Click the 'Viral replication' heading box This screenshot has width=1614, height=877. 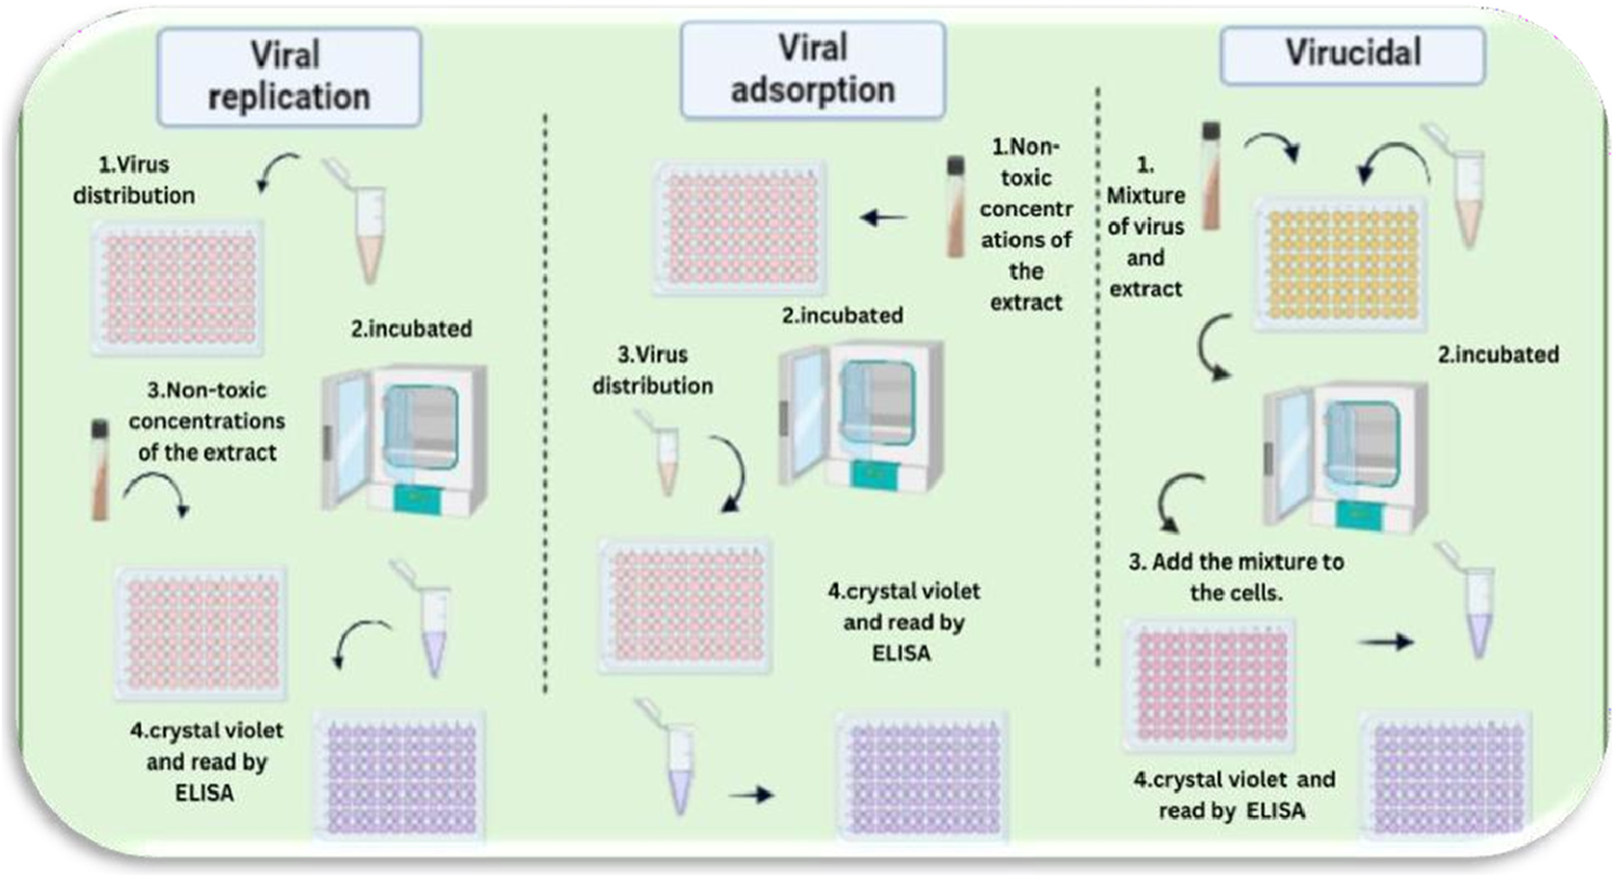(289, 76)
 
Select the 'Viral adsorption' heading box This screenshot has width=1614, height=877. (812, 70)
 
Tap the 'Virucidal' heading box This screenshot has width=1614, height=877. (1352, 54)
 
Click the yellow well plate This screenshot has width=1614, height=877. (1340, 264)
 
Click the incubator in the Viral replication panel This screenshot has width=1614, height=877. (405, 439)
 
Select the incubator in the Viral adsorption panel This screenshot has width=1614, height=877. (862, 416)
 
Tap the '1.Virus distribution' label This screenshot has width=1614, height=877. (134, 180)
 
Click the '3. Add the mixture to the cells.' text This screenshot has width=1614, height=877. (1236, 576)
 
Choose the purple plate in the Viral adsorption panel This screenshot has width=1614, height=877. (923, 776)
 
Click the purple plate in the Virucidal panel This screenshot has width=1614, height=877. (1446, 776)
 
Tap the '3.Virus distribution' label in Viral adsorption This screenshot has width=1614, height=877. (652, 370)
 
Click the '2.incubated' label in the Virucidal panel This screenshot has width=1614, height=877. (1497, 354)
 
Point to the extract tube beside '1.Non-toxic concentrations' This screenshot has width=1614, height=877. (955, 207)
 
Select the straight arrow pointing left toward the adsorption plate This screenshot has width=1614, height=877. (884, 218)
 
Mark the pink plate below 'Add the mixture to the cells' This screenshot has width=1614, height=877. (1209, 685)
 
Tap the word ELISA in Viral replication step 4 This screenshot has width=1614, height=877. (204, 792)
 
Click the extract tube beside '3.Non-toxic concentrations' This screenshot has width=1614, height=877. (100, 470)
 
